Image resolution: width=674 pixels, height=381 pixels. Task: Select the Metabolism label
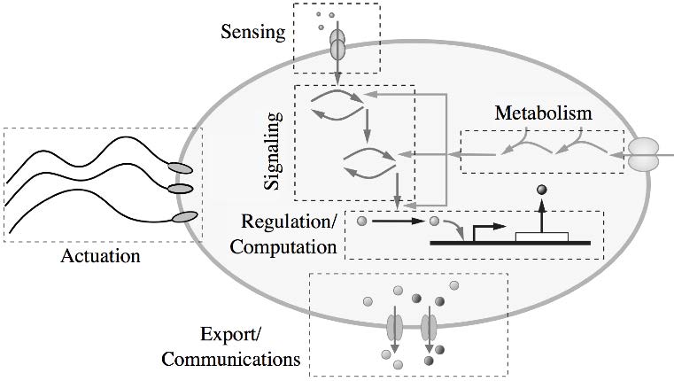tap(542, 113)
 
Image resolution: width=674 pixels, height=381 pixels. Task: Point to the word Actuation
tap(103, 258)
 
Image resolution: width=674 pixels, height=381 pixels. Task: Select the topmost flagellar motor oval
tap(179, 166)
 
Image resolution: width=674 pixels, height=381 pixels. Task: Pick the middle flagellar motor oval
tap(181, 188)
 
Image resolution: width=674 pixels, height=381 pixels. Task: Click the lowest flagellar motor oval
tap(184, 216)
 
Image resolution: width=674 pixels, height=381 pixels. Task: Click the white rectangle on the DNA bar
tap(541, 235)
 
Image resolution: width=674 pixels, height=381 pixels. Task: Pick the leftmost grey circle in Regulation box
tap(361, 221)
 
